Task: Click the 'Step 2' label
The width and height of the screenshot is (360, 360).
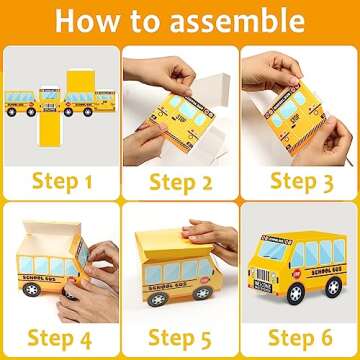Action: tap(180, 182)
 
